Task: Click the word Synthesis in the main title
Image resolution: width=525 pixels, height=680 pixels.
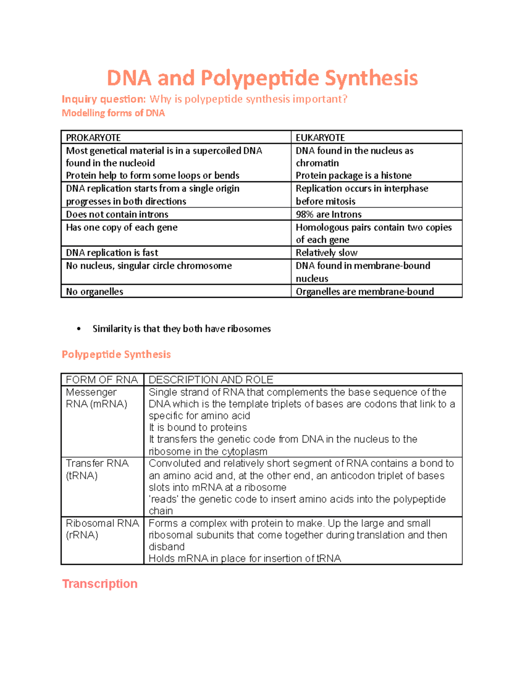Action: pyautogui.click(x=371, y=78)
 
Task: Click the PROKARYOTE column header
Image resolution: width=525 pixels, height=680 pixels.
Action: pyautogui.click(x=93, y=137)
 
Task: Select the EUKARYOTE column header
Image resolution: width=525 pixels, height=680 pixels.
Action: pyautogui.click(x=320, y=137)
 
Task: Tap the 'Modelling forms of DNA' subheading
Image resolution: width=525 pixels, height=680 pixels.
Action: pyautogui.click(x=113, y=113)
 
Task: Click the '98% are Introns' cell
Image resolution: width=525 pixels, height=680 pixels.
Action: pyautogui.click(x=329, y=214)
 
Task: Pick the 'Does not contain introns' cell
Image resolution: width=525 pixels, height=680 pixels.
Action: pyautogui.click(x=117, y=214)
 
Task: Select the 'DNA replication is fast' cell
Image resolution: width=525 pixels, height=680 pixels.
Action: pyautogui.click(x=112, y=253)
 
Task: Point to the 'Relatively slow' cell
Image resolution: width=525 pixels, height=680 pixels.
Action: pyautogui.click(x=326, y=253)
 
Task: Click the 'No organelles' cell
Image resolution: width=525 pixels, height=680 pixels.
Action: pyautogui.click(x=94, y=292)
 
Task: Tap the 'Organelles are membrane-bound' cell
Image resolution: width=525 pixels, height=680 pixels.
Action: pyautogui.click(x=365, y=292)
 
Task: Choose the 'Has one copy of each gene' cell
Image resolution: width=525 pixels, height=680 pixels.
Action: pyautogui.click(x=122, y=227)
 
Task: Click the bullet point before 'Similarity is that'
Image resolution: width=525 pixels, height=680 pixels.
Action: pyautogui.click(x=79, y=329)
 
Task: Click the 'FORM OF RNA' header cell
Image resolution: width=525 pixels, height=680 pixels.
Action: pyautogui.click(x=101, y=380)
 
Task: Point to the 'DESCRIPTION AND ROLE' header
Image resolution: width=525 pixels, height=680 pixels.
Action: pyautogui.click(x=211, y=380)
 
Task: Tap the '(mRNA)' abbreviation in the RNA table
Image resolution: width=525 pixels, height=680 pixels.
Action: pyautogui.click(x=108, y=404)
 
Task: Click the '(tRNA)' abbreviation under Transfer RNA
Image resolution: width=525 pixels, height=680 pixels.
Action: pyautogui.click(x=82, y=476)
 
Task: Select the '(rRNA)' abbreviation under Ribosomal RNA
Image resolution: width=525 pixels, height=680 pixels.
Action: pyautogui.click(x=82, y=535)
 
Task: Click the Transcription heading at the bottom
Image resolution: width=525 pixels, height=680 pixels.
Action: pyautogui.click(x=100, y=584)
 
